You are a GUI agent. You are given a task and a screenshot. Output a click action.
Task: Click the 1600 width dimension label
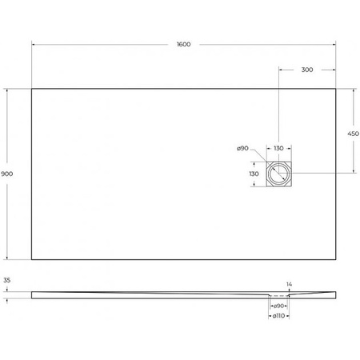click(x=184, y=44)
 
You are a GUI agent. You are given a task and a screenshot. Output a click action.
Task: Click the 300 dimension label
click(x=307, y=70)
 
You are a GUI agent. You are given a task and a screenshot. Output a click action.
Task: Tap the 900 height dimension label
click(x=7, y=173)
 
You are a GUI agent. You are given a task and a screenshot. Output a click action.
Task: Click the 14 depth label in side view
click(x=290, y=284)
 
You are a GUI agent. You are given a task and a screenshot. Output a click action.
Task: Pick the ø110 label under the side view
click(x=278, y=315)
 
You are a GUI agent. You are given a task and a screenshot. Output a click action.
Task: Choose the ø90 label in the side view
click(x=280, y=306)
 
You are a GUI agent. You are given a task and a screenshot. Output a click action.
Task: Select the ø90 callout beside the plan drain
click(x=243, y=148)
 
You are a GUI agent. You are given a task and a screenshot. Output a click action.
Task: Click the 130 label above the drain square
click(x=278, y=148)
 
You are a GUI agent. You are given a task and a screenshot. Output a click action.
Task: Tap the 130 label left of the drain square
click(x=253, y=173)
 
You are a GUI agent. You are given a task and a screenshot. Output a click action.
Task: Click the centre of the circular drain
click(x=279, y=173)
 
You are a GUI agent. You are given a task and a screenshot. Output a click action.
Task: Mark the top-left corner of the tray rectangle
click(x=31, y=88)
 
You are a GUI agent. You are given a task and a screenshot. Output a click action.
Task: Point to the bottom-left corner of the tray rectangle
click(x=31, y=259)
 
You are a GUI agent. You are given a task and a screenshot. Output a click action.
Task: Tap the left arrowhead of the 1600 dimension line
click(x=33, y=44)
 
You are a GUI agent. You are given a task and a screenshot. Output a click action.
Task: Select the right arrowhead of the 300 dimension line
click(x=336, y=70)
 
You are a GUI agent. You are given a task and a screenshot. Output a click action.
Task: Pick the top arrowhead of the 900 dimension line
click(x=7, y=90)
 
